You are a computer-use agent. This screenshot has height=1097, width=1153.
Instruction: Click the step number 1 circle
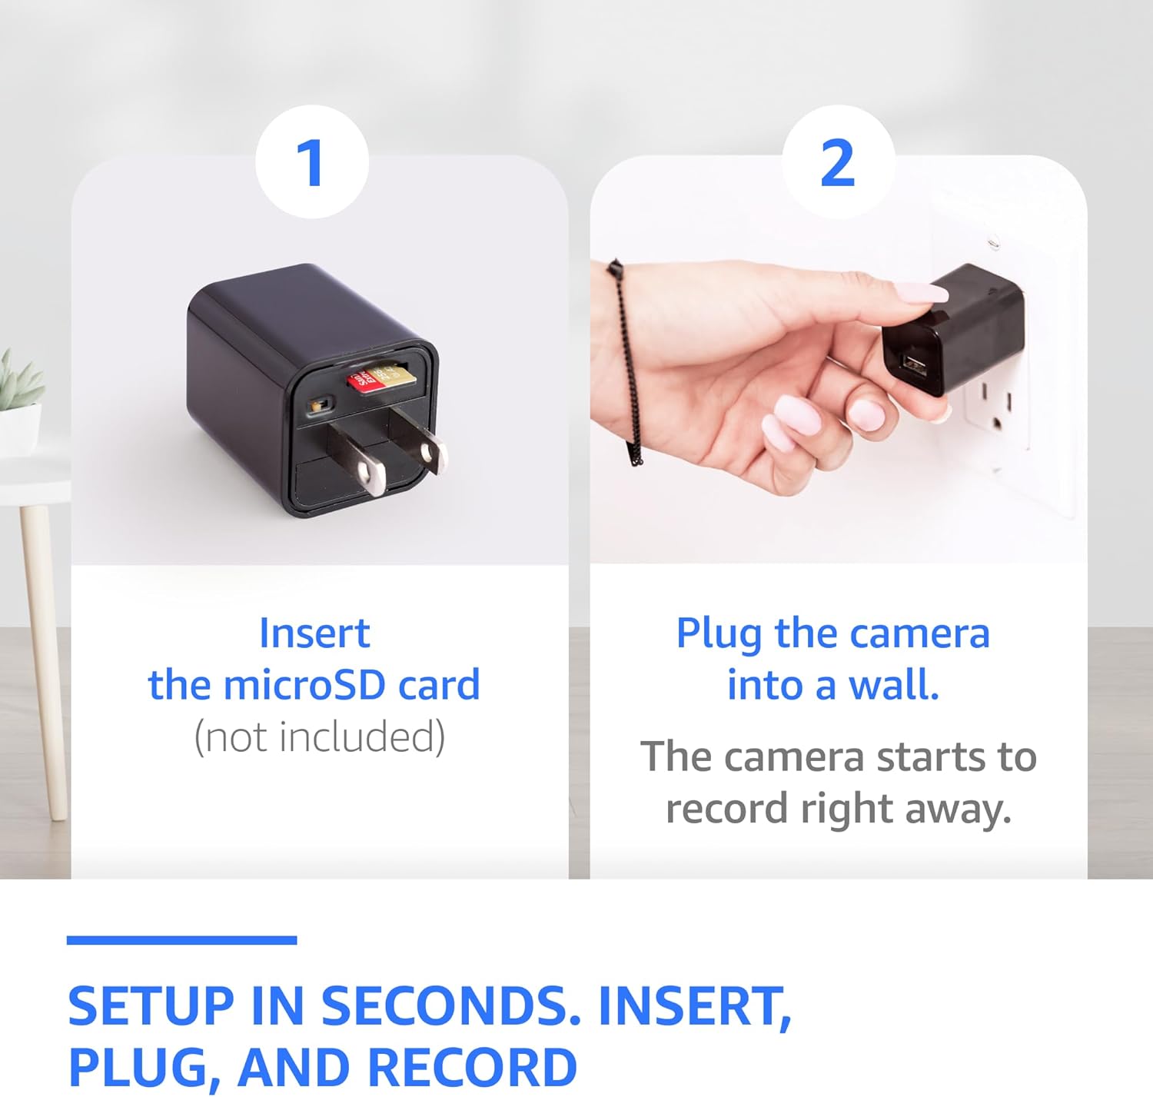pos(312,162)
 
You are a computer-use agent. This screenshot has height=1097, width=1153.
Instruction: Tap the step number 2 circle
pos(838,162)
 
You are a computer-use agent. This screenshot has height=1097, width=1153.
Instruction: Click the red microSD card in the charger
pos(367,378)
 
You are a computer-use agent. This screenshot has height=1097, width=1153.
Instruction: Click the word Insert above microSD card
pos(314,633)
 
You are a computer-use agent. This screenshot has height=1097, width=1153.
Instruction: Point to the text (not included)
pos(319,736)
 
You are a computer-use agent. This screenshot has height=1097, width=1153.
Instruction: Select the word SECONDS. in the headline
pos(450,1006)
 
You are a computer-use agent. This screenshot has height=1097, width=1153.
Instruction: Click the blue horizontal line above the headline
pos(181,940)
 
